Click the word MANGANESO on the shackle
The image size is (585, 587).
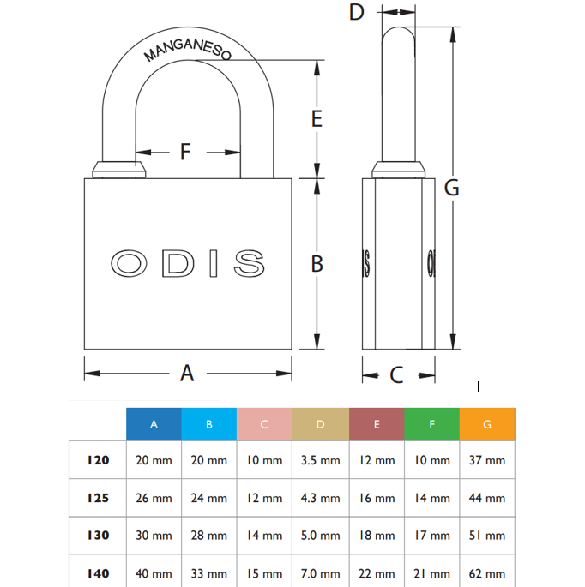[188, 51]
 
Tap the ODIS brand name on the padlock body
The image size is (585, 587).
[188, 263]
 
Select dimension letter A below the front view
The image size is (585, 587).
[187, 373]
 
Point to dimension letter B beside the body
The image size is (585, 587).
[317, 264]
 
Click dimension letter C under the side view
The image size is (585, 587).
[396, 374]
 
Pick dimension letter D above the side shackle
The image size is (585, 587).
[358, 12]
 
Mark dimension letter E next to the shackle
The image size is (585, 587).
[317, 119]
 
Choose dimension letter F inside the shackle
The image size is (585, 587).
[185, 153]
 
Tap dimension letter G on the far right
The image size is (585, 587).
[451, 188]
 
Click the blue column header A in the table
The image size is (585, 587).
[154, 424]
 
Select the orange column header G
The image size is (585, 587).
[487, 424]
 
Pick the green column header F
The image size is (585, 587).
[431, 424]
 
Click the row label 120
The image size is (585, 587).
[98, 460]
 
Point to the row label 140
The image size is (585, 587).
[98, 573]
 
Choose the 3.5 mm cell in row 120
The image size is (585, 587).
[321, 460]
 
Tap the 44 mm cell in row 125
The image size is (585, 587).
[487, 498]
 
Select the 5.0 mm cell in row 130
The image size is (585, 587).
[321, 536]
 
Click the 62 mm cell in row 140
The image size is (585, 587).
[487, 573]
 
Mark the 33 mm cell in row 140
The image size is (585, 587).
[209, 573]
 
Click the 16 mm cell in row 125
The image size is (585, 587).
[377, 498]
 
